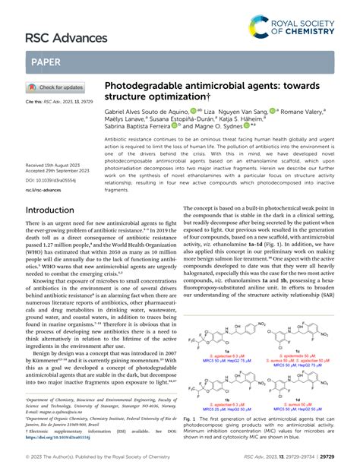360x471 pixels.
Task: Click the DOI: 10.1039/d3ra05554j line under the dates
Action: point(55,160)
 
